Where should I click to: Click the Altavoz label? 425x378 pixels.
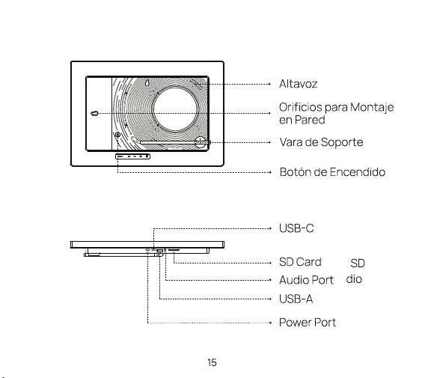point(298,84)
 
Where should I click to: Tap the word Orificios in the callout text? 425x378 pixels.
point(301,107)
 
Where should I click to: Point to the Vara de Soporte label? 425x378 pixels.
point(321,142)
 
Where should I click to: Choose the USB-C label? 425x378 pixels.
point(296,228)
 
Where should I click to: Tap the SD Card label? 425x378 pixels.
point(300,262)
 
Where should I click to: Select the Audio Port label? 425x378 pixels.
point(306,280)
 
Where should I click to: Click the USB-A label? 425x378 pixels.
point(296,299)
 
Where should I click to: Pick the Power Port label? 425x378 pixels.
point(308,323)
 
